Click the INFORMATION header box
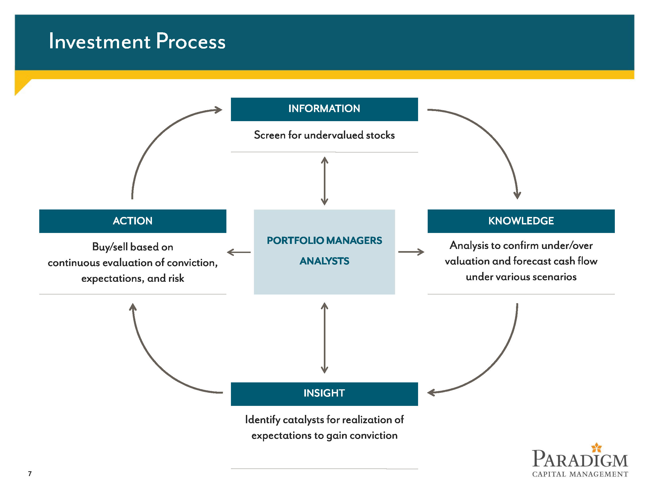point(324,109)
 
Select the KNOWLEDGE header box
point(521,221)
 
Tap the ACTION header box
point(132,221)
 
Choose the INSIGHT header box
point(324,394)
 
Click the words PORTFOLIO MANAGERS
point(324,240)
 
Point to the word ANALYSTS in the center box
point(324,261)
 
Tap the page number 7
point(30,473)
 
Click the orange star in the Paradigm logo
point(596,447)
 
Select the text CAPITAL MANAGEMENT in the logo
point(580,474)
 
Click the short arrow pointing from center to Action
point(239,252)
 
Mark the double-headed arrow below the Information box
point(325,181)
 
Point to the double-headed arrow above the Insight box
point(325,338)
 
